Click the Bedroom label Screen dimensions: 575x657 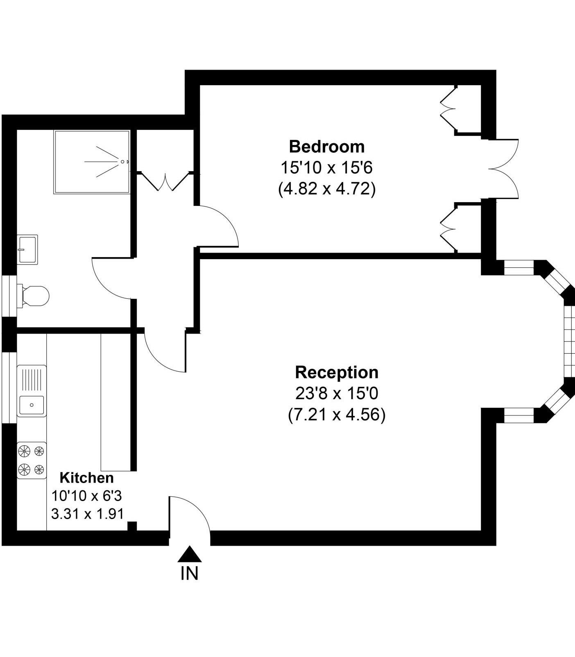327,147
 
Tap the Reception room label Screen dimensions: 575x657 337,373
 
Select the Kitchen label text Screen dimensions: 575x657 87,478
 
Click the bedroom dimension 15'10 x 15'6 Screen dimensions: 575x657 327,168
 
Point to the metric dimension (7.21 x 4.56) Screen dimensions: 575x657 337,415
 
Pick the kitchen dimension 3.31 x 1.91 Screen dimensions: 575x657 87,514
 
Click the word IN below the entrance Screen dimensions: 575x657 189,573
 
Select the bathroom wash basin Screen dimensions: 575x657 27,249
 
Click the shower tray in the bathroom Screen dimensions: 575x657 92,162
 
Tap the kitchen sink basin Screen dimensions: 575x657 32,405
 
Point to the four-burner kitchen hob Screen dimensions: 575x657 32,461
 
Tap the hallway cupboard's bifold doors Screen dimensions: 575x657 165,182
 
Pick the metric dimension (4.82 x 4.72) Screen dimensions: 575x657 327,189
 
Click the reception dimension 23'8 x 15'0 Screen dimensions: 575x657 337,394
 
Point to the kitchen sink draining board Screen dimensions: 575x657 32,380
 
